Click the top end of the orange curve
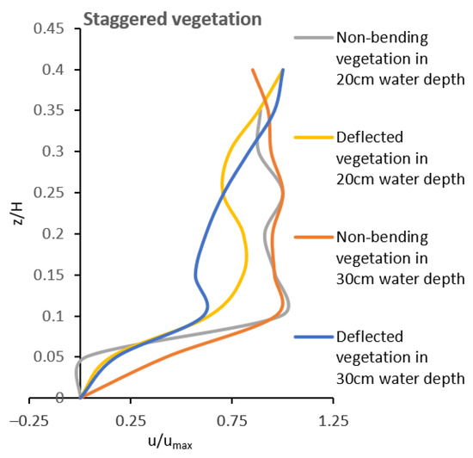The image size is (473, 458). point(252,70)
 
